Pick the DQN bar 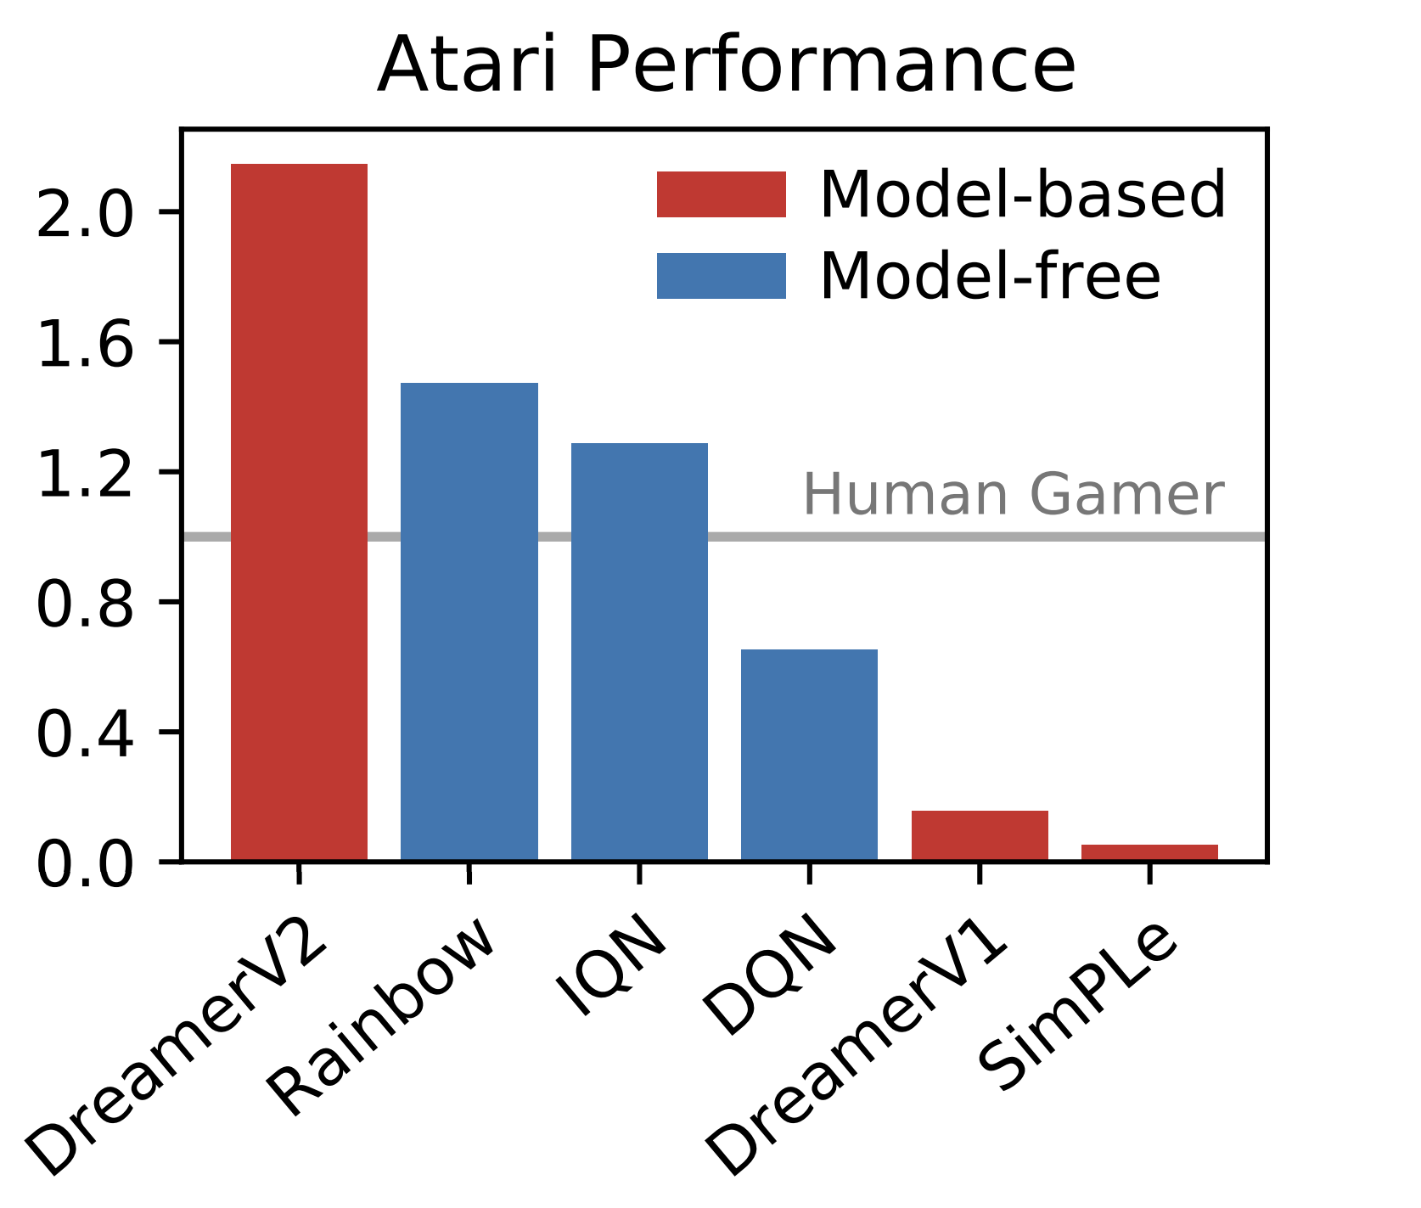click(x=809, y=755)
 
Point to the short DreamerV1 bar click(x=980, y=835)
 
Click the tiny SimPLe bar click(x=1149, y=852)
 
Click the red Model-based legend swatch click(x=721, y=194)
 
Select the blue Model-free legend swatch click(x=721, y=276)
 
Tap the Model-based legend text click(x=1022, y=194)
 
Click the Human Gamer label click(x=1014, y=495)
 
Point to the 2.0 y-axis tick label click(x=85, y=212)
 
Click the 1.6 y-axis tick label click(x=85, y=342)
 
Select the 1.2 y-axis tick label click(x=85, y=472)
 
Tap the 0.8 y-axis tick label click(x=85, y=602)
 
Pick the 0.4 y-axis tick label click(x=85, y=732)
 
